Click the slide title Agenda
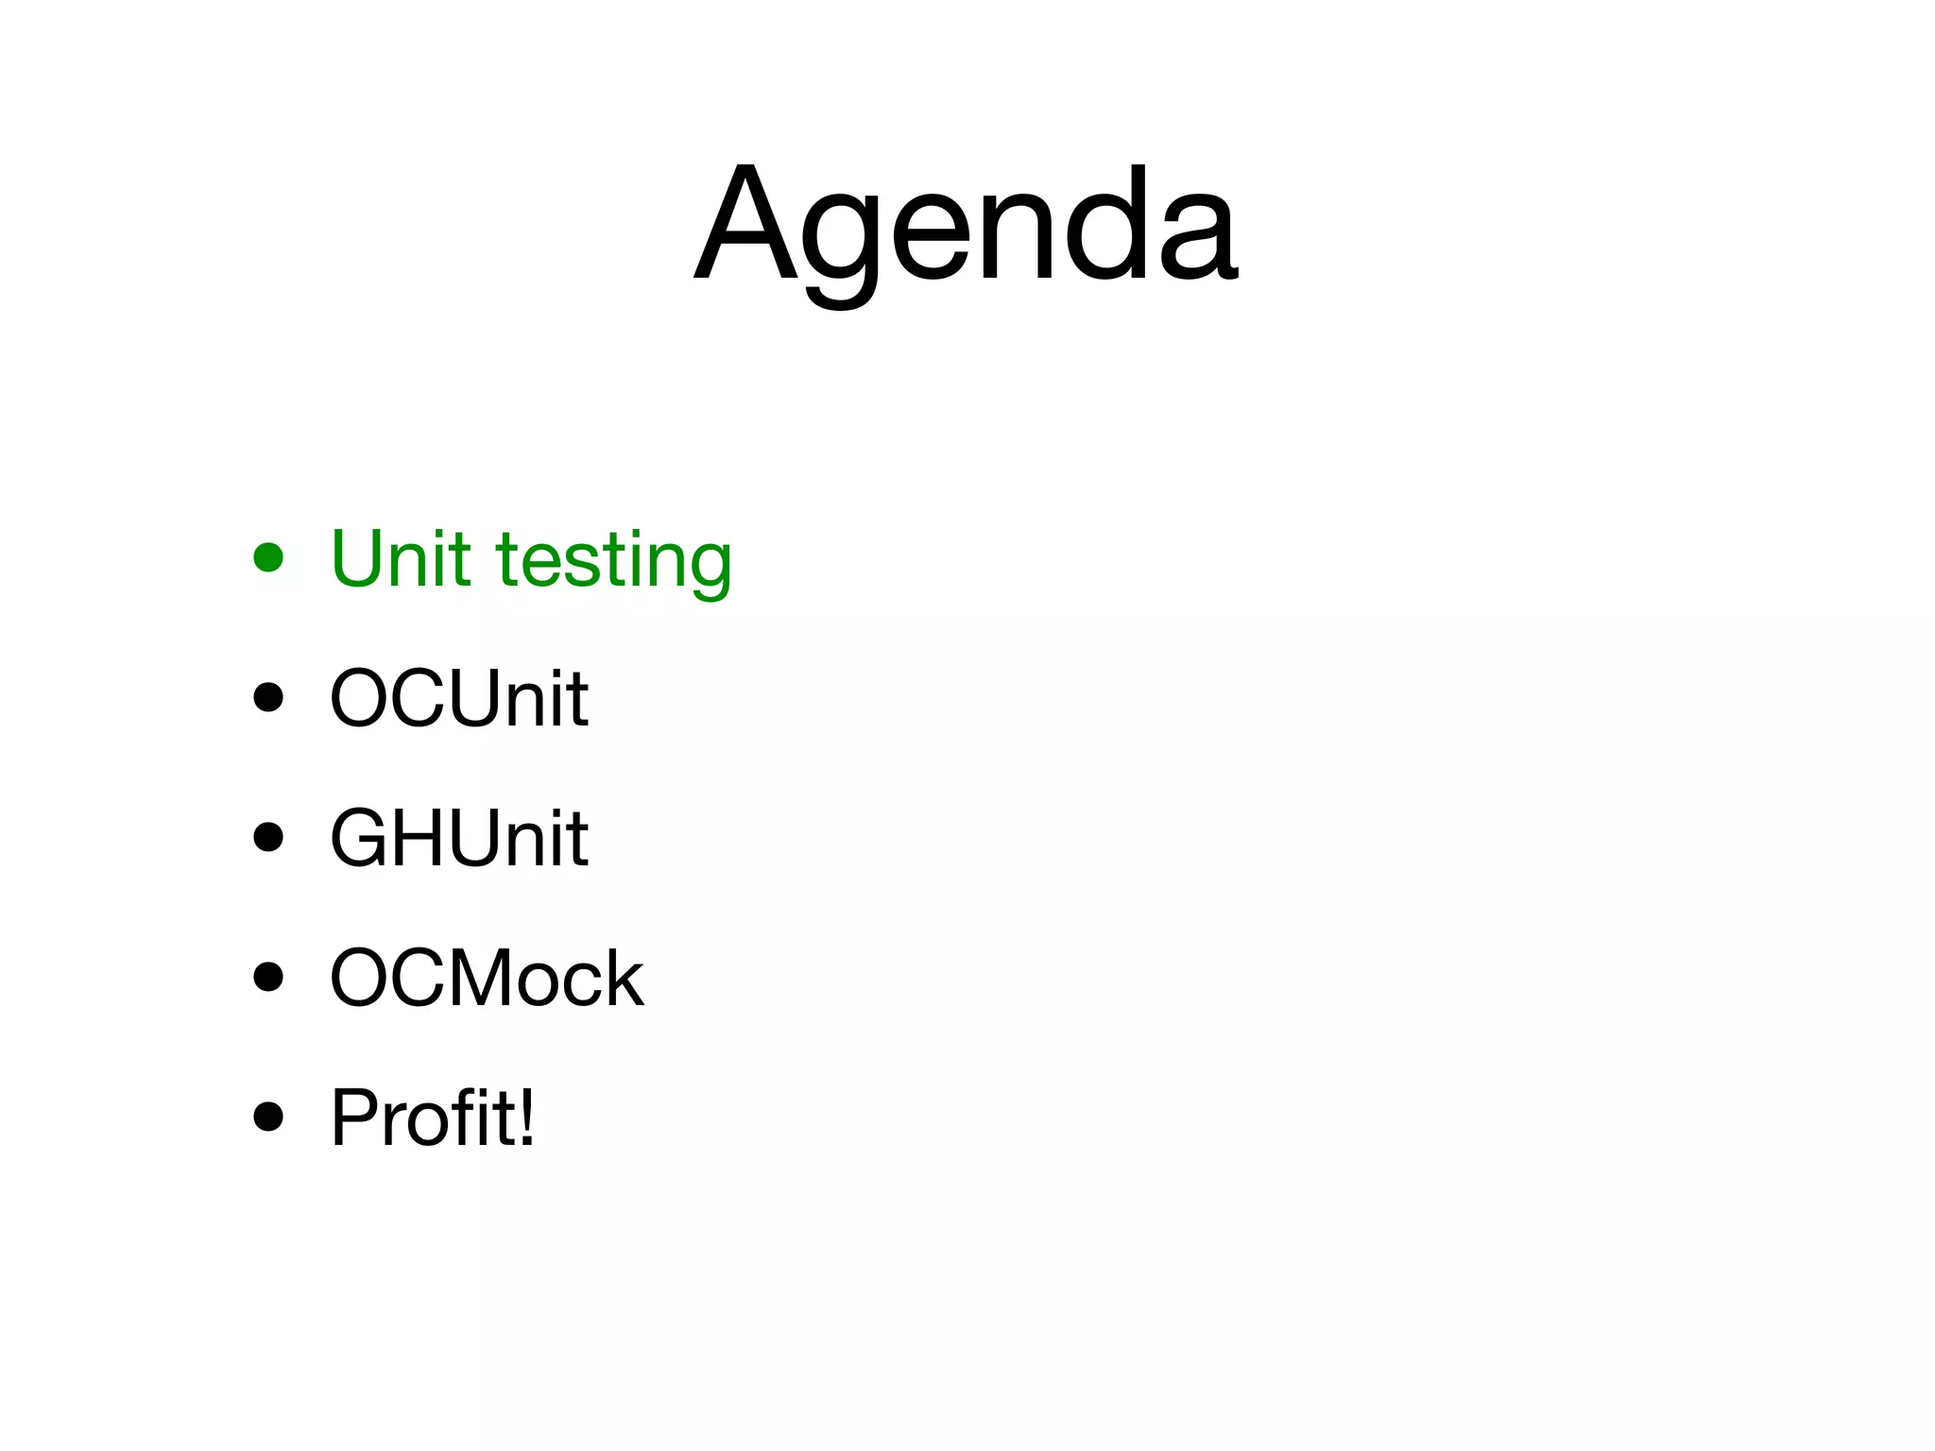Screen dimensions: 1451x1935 966,227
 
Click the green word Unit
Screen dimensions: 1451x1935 401,558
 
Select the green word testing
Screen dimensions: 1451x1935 614,563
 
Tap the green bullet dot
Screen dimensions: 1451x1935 268,557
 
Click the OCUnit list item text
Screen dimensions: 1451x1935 459,698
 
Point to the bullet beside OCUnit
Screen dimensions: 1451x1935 268,697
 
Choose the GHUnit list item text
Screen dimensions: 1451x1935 459,837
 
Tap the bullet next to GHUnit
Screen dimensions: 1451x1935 268,837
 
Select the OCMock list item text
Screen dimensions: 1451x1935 487,978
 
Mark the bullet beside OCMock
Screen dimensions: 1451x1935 268,977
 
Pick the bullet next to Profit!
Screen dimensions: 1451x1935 268,1117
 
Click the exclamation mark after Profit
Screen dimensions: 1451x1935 525,1116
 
